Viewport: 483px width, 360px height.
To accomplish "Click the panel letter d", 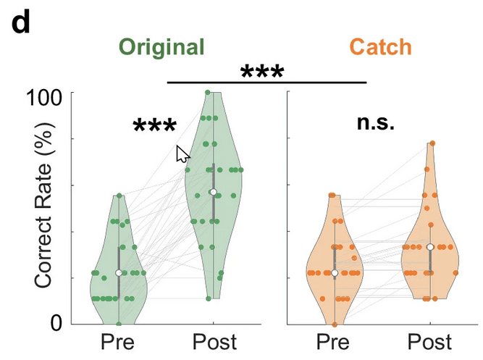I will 22,23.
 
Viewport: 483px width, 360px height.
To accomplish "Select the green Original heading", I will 162,48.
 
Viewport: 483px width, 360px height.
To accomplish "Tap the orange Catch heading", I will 380,48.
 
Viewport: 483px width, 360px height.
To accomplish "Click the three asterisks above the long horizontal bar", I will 262,72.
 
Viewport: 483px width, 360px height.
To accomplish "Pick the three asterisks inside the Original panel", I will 155,127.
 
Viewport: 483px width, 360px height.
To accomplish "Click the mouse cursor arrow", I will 183,154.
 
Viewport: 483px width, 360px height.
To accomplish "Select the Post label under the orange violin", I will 429,343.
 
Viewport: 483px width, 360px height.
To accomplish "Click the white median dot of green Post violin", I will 214,192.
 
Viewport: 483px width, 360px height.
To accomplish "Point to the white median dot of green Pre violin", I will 119,272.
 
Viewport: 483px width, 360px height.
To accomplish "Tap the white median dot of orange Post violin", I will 430,247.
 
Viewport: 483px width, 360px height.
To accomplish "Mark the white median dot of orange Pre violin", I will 335,272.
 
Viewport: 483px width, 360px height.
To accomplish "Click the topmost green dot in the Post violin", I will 208,93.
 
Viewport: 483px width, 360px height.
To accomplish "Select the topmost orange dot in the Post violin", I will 432,143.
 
